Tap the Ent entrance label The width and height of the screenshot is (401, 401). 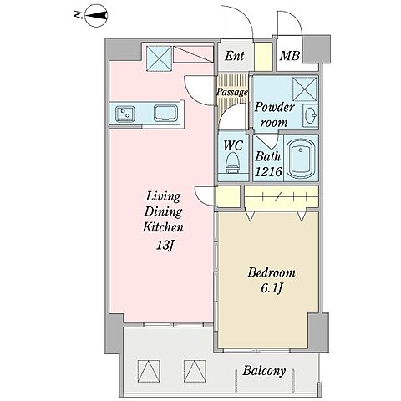click(235, 56)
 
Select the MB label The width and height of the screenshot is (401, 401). click(290, 56)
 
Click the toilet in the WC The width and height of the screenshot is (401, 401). click(233, 163)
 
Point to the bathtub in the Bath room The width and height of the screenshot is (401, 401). click(301, 159)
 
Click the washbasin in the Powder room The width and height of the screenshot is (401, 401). click(310, 114)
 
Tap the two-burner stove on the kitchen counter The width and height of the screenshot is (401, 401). click(124, 114)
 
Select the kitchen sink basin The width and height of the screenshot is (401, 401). click(165, 113)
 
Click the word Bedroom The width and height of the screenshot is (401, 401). click(272, 272)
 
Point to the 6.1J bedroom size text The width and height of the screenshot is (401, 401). click(272, 288)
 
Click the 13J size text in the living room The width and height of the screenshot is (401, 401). click(165, 245)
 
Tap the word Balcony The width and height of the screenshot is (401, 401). click(264, 371)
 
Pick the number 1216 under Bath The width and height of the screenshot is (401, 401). click(268, 172)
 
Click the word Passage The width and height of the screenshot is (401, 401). click(232, 92)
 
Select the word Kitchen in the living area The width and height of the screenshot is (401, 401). click(163, 227)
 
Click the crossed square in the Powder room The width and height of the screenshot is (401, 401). click(305, 89)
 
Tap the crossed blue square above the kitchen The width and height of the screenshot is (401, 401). click(159, 58)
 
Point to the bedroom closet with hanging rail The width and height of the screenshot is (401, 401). click(282, 196)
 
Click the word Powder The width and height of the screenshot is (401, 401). click(275, 107)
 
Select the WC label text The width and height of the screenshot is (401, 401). click(233, 145)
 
